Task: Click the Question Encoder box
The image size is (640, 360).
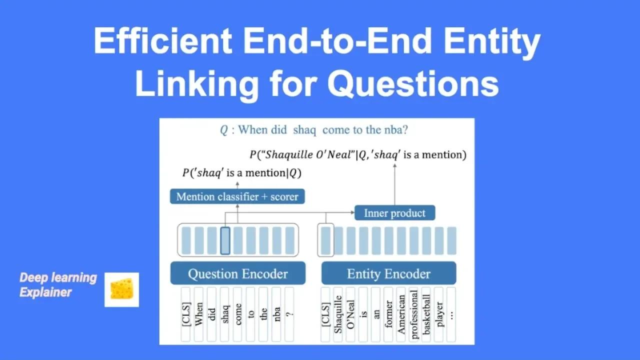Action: tap(237, 273)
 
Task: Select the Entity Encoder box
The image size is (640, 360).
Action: tap(388, 273)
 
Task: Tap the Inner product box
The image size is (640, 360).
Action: tap(394, 213)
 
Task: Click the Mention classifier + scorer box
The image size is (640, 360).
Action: tap(237, 196)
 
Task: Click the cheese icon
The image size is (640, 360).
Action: tap(121, 289)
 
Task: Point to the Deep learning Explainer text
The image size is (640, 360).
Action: tap(58, 284)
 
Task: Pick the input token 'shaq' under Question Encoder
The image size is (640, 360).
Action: tap(225, 314)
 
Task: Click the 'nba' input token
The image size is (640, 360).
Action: tap(277, 314)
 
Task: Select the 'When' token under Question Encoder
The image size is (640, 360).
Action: tap(199, 314)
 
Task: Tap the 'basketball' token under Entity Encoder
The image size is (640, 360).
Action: tap(426, 314)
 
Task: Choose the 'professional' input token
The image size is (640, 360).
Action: tap(413, 314)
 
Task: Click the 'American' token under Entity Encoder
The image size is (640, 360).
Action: tap(401, 314)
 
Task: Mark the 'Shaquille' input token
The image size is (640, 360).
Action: tap(338, 314)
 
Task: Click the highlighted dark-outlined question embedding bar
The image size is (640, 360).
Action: tap(225, 240)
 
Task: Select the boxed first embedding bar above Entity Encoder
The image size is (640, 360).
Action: tap(325, 240)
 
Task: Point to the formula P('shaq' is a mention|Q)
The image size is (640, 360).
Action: tap(242, 173)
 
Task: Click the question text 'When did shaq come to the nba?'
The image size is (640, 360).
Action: tap(314, 130)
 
